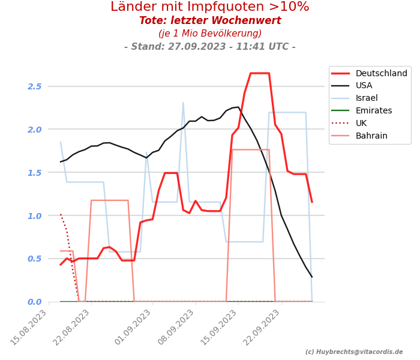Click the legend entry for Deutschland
click(x=381, y=74)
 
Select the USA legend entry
click(x=364, y=86)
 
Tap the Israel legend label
click(x=366, y=98)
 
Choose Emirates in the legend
click(x=373, y=111)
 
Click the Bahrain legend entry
click(x=371, y=136)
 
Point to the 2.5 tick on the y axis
click(x=34, y=86)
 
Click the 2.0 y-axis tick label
click(x=34, y=130)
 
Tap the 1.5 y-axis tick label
click(x=34, y=173)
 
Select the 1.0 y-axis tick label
click(x=34, y=216)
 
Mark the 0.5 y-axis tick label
click(x=34, y=259)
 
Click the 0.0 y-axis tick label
click(x=34, y=302)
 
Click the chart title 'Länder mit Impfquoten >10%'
click(x=210, y=7)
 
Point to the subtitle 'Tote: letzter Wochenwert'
click(x=210, y=21)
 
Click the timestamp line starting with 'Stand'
click(x=210, y=47)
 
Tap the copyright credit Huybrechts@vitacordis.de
click(x=354, y=352)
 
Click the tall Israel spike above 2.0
click(x=183, y=103)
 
